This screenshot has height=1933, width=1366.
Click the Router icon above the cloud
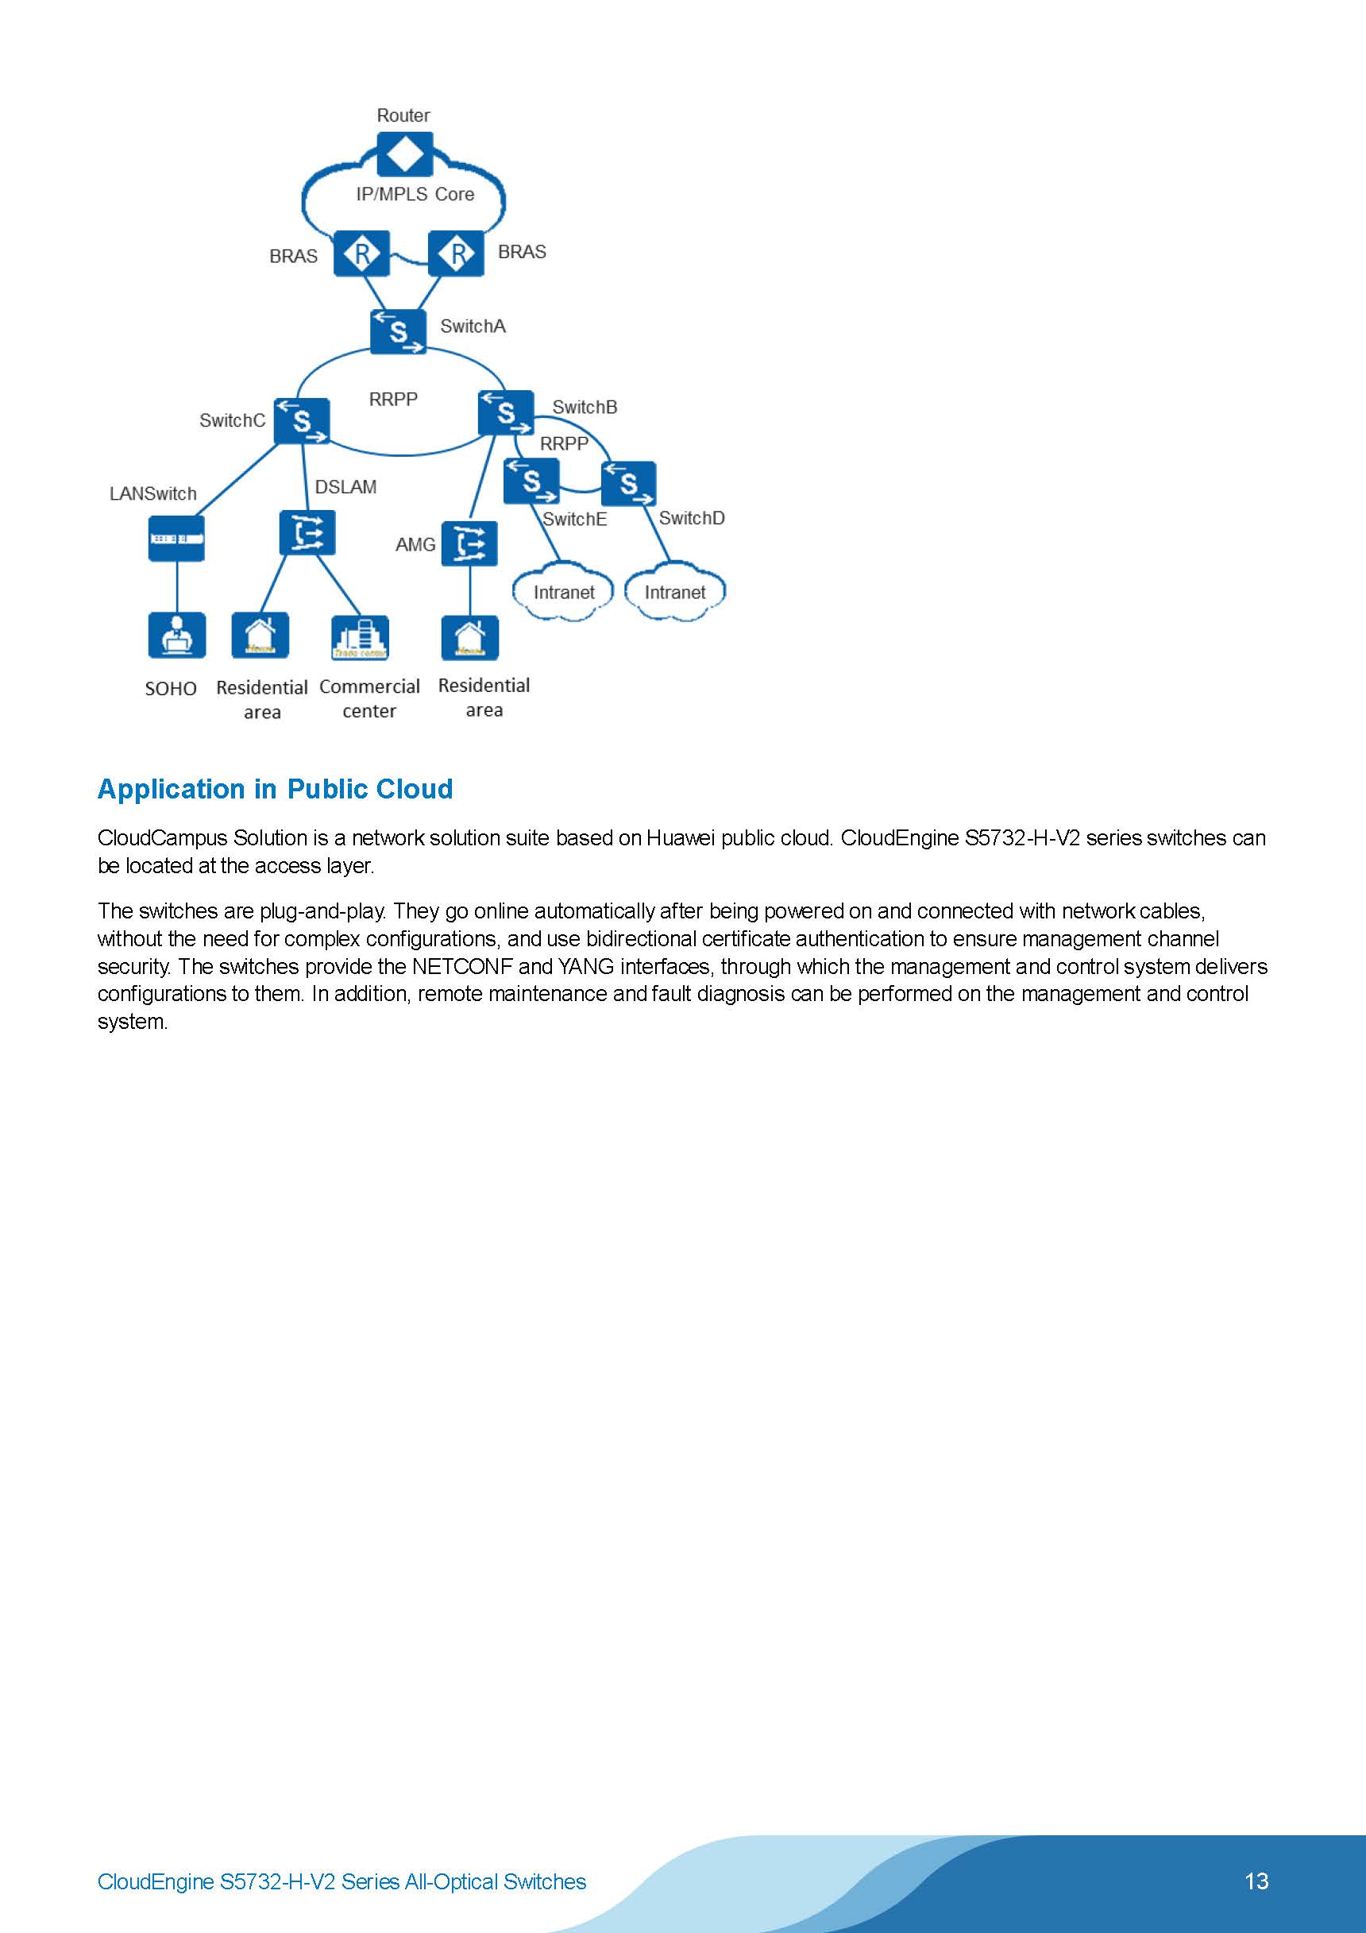405,155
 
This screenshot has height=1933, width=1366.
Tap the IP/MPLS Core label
415,195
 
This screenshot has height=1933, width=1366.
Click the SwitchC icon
301,421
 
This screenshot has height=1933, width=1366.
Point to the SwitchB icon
505,412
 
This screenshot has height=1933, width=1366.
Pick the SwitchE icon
531,481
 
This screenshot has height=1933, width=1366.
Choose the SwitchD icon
629,484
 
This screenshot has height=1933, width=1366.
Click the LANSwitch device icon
177,539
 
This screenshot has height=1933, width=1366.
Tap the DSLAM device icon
307,533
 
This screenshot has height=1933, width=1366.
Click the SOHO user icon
177,635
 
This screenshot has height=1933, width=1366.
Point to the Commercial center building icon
361,637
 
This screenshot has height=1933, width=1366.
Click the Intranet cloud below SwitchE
563,593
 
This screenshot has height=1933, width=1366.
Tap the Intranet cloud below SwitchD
674,593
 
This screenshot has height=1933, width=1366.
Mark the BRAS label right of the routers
522,253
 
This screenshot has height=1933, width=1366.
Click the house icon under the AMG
469,638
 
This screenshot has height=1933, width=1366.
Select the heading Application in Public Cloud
276,789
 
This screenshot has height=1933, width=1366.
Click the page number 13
1256,1881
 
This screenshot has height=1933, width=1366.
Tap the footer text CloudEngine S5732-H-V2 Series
341,1881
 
